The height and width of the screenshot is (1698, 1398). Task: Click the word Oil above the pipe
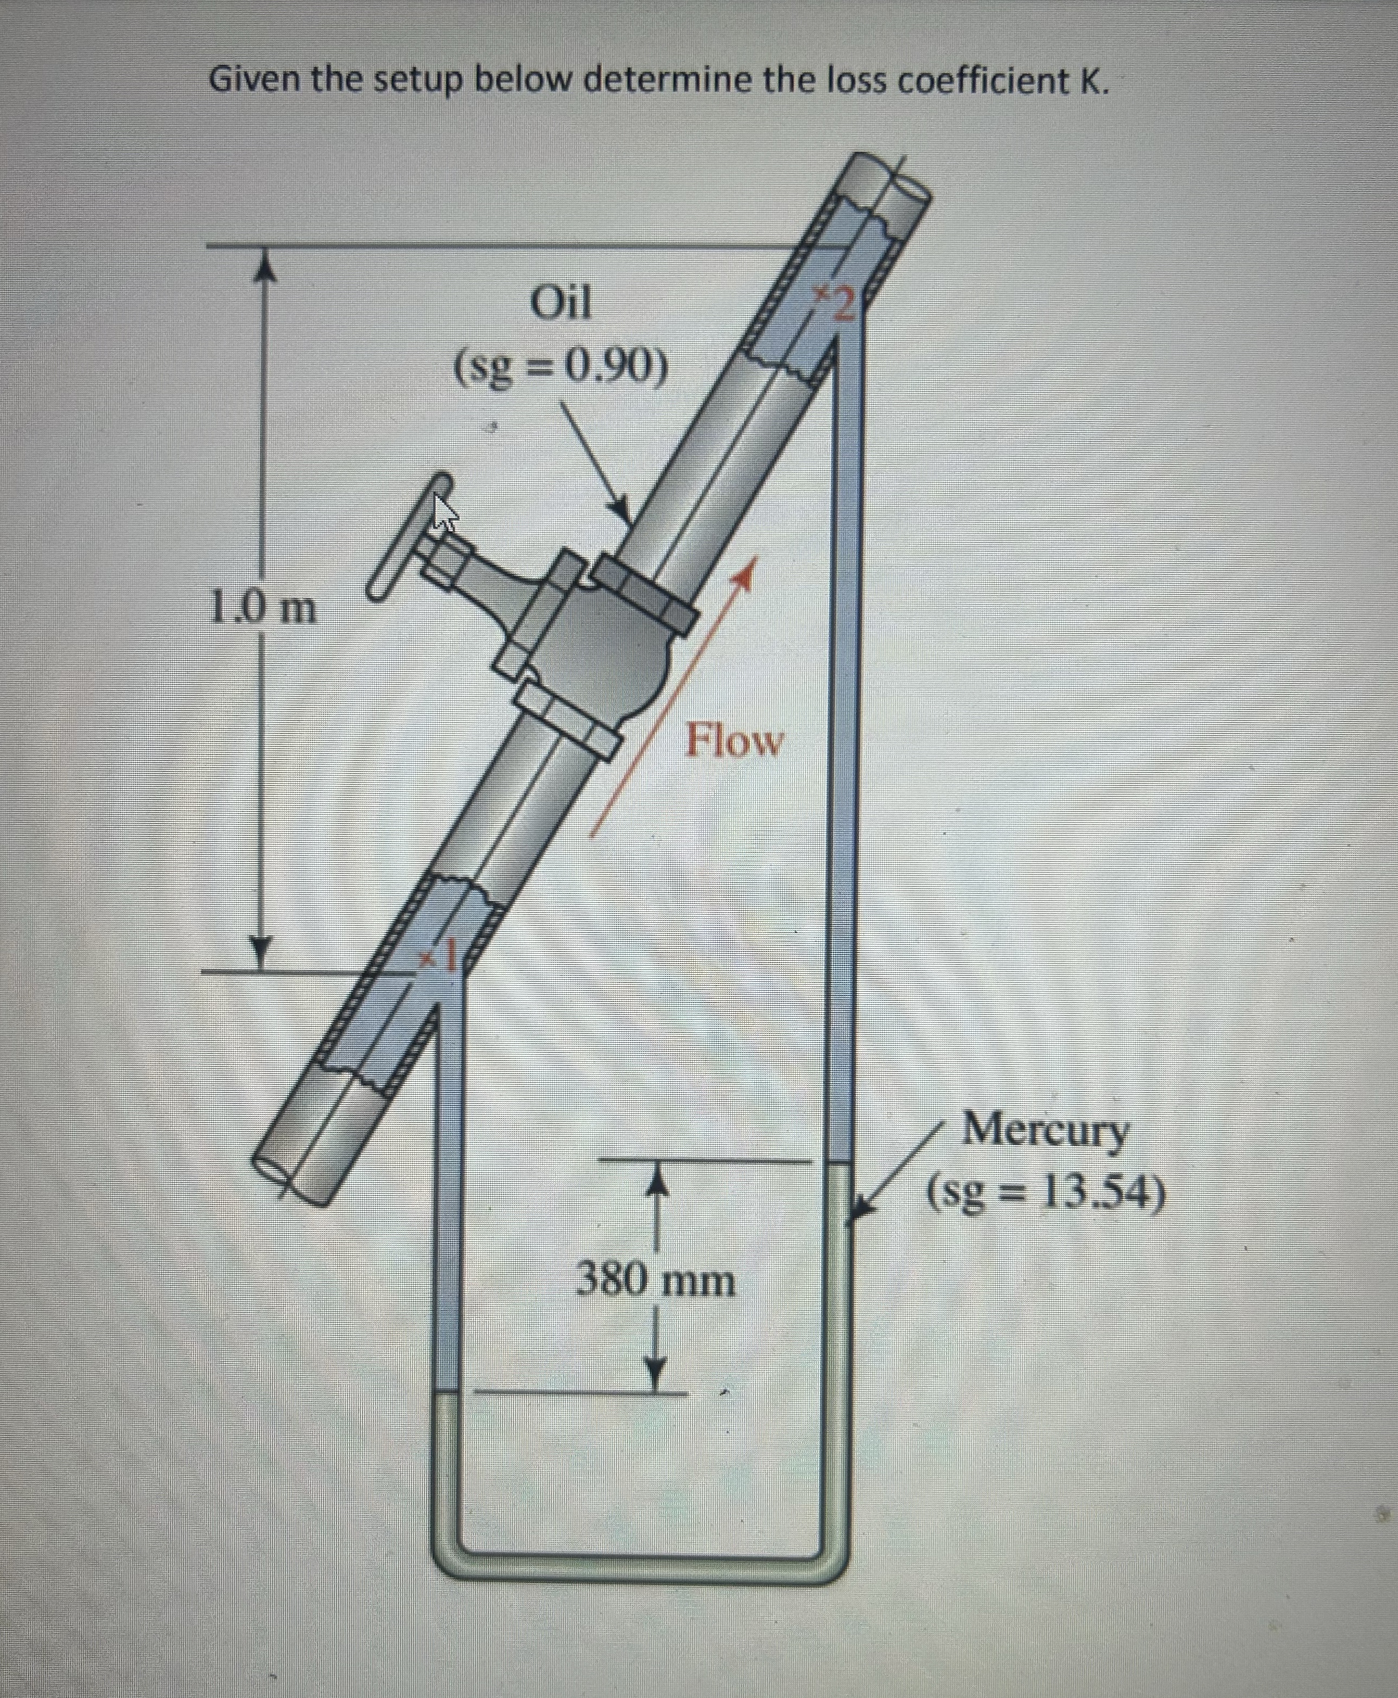(x=561, y=304)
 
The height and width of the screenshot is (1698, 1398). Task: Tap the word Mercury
(x=1045, y=1131)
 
